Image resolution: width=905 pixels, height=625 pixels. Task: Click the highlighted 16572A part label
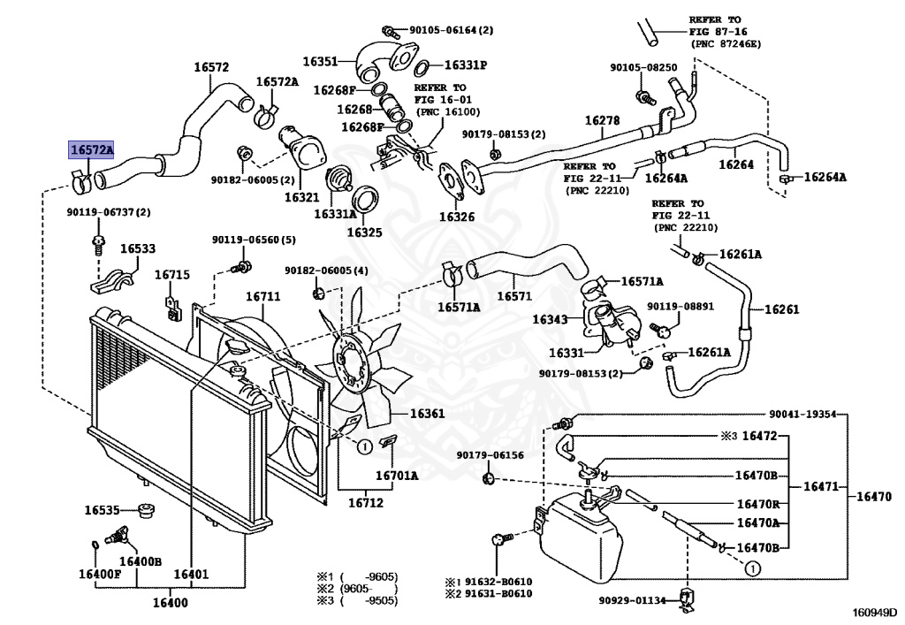pyautogui.click(x=91, y=150)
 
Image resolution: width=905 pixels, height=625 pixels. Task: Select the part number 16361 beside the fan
pyautogui.click(x=427, y=414)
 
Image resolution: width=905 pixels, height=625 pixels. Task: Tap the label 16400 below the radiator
pyautogui.click(x=171, y=603)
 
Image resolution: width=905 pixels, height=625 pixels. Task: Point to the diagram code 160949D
pyautogui.click(x=875, y=612)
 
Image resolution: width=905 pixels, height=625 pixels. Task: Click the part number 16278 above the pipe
pyautogui.click(x=602, y=120)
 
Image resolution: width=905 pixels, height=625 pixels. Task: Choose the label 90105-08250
pyautogui.click(x=643, y=67)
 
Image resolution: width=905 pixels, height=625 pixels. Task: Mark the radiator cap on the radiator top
pyautogui.click(x=237, y=347)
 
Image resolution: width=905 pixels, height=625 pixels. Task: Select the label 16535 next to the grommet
pyautogui.click(x=103, y=510)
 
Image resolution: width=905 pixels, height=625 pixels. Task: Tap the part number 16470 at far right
pyautogui.click(x=874, y=496)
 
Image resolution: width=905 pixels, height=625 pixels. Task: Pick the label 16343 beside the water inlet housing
pyautogui.click(x=550, y=319)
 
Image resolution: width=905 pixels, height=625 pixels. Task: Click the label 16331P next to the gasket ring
pyautogui.click(x=466, y=65)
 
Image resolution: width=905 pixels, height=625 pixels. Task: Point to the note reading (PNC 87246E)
pyautogui.click(x=726, y=44)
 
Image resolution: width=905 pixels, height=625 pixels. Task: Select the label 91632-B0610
pyautogui.click(x=498, y=582)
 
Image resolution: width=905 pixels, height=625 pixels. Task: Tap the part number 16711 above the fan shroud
pyautogui.click(x=263, y=297)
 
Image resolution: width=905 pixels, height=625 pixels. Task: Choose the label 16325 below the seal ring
pyautogui.click(x=364, y=232)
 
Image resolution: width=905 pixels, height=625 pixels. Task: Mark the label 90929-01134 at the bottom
pyautogui.click(x=632, y=600)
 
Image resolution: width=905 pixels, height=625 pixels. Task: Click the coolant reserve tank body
pyautogui.click(x=580, y=534)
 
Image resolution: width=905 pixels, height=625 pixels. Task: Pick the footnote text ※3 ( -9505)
pyautogui.click(x=357, y=601)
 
